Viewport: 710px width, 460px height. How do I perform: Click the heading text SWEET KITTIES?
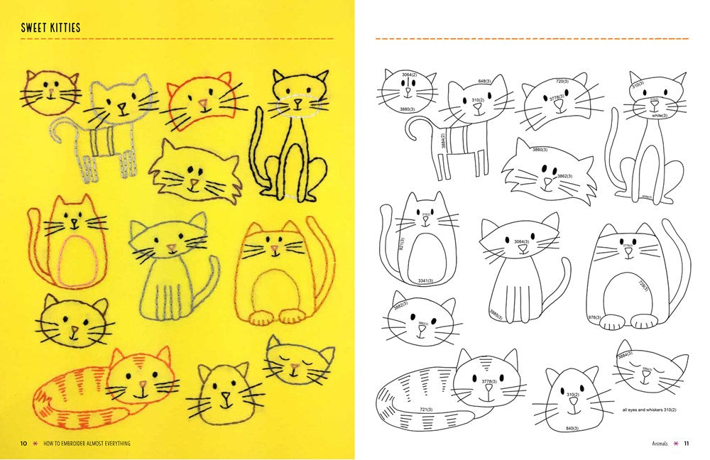click(50, 28)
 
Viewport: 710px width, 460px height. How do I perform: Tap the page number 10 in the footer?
click(23, 444)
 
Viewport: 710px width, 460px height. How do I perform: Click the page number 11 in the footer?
click(687, 444)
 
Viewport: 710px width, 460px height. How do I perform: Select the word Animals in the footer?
click(660, 444)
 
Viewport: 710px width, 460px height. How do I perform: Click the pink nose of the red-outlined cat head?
click(204, 104)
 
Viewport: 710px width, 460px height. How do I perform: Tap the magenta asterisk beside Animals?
click(676, 444)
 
